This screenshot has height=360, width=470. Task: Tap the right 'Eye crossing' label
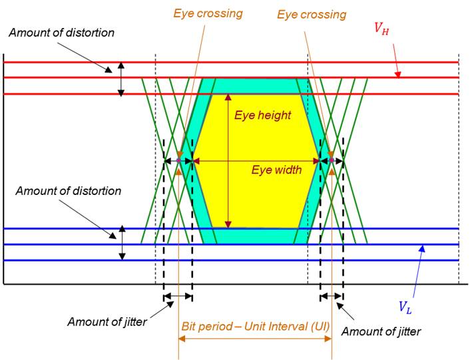[x=312, y=14]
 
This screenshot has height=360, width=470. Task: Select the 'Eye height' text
[x=262, y=115]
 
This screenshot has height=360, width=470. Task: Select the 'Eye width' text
[x=276, y=170]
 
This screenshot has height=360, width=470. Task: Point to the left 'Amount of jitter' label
[x=107, y=322]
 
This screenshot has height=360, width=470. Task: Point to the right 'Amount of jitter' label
[x=381, y=331]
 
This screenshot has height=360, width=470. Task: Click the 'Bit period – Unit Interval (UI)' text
[x=254, y=327]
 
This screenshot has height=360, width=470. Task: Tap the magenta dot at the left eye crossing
[x=179, y=160]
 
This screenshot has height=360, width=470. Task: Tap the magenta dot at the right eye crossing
[x=332, y=160]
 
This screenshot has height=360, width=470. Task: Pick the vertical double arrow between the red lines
[x=120, y=79]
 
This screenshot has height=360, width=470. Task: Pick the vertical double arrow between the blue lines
[x=122, y=244]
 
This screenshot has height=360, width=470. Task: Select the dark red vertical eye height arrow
[x=228, y=160]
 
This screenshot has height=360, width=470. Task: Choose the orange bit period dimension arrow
[x=255, y=337]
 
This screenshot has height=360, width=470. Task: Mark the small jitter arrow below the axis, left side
[x=178, y=296]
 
